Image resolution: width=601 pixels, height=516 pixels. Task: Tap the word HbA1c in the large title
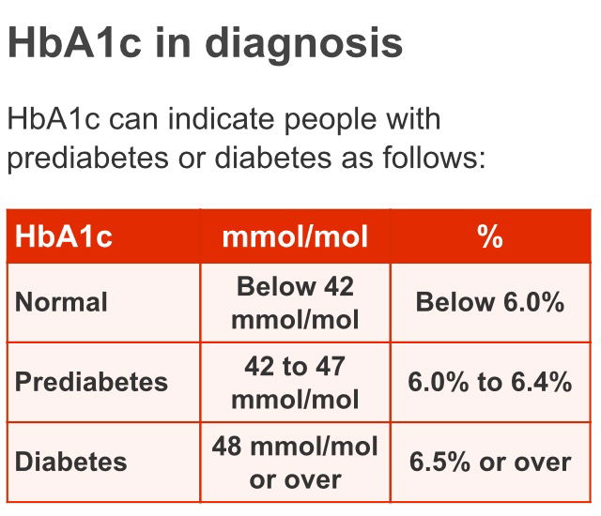coord(74,42)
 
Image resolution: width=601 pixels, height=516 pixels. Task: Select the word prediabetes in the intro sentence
coord(87,159)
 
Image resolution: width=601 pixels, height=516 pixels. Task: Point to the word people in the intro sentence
coord(331,121)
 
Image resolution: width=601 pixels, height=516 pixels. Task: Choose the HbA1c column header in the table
coord(64,236)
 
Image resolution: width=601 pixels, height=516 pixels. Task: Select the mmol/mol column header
coord(295,236)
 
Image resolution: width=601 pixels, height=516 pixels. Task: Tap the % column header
coord(490,236)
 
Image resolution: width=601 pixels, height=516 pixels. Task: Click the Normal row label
coord(61,302)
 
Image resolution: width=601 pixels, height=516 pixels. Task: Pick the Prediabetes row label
coord(92,382)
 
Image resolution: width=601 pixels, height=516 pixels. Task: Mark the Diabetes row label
coord(71,462)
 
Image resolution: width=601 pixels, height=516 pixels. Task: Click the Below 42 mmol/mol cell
coord(295,303)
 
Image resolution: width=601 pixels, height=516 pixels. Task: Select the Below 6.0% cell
coord(490,302)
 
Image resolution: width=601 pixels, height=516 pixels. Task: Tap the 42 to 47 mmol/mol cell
coord(295,383)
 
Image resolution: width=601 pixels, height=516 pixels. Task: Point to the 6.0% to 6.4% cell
coord(490,382)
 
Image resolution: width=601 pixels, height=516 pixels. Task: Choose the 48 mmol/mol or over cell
coord(295,462)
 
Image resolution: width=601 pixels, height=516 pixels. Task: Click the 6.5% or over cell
coord(490,462)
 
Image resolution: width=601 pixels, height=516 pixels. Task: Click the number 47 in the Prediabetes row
coord(331,366)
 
